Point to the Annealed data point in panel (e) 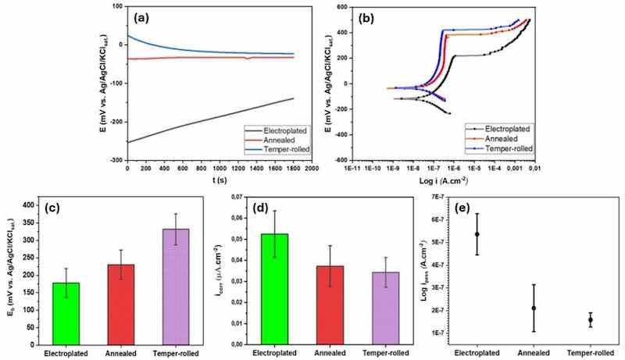pos(534,308)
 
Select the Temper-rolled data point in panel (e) pos(590,319)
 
